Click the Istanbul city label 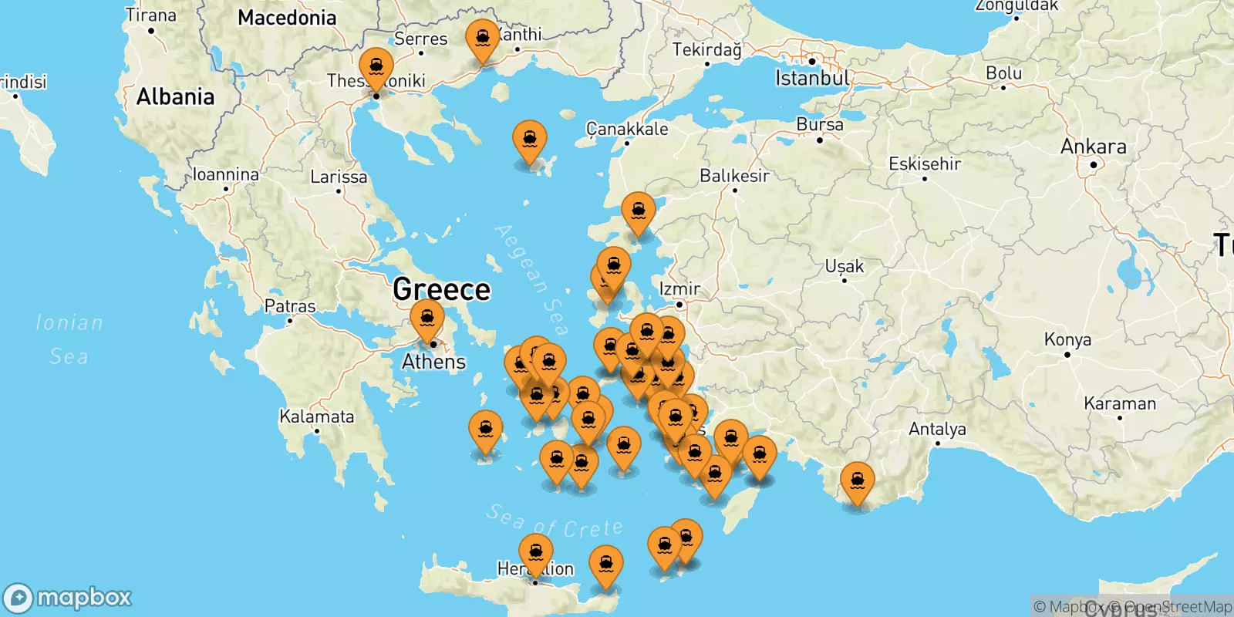coord(812,78)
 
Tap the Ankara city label coord(1093,147)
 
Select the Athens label coord(433,362)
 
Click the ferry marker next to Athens coord(427,319)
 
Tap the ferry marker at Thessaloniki coord(376,67)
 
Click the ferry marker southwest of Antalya coord(857,481)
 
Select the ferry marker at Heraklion coord(535,554)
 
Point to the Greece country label coord(441,290)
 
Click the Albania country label coord(175,97)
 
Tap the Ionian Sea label coord(69,339)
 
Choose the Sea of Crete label coord(555,522)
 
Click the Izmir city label coord(679,289)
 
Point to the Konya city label coord(1067,339)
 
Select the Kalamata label coord(316,417)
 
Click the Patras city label coord(290,306)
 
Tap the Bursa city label coord(819,124)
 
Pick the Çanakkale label coord(627,129)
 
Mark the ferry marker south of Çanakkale coord(639,212)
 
